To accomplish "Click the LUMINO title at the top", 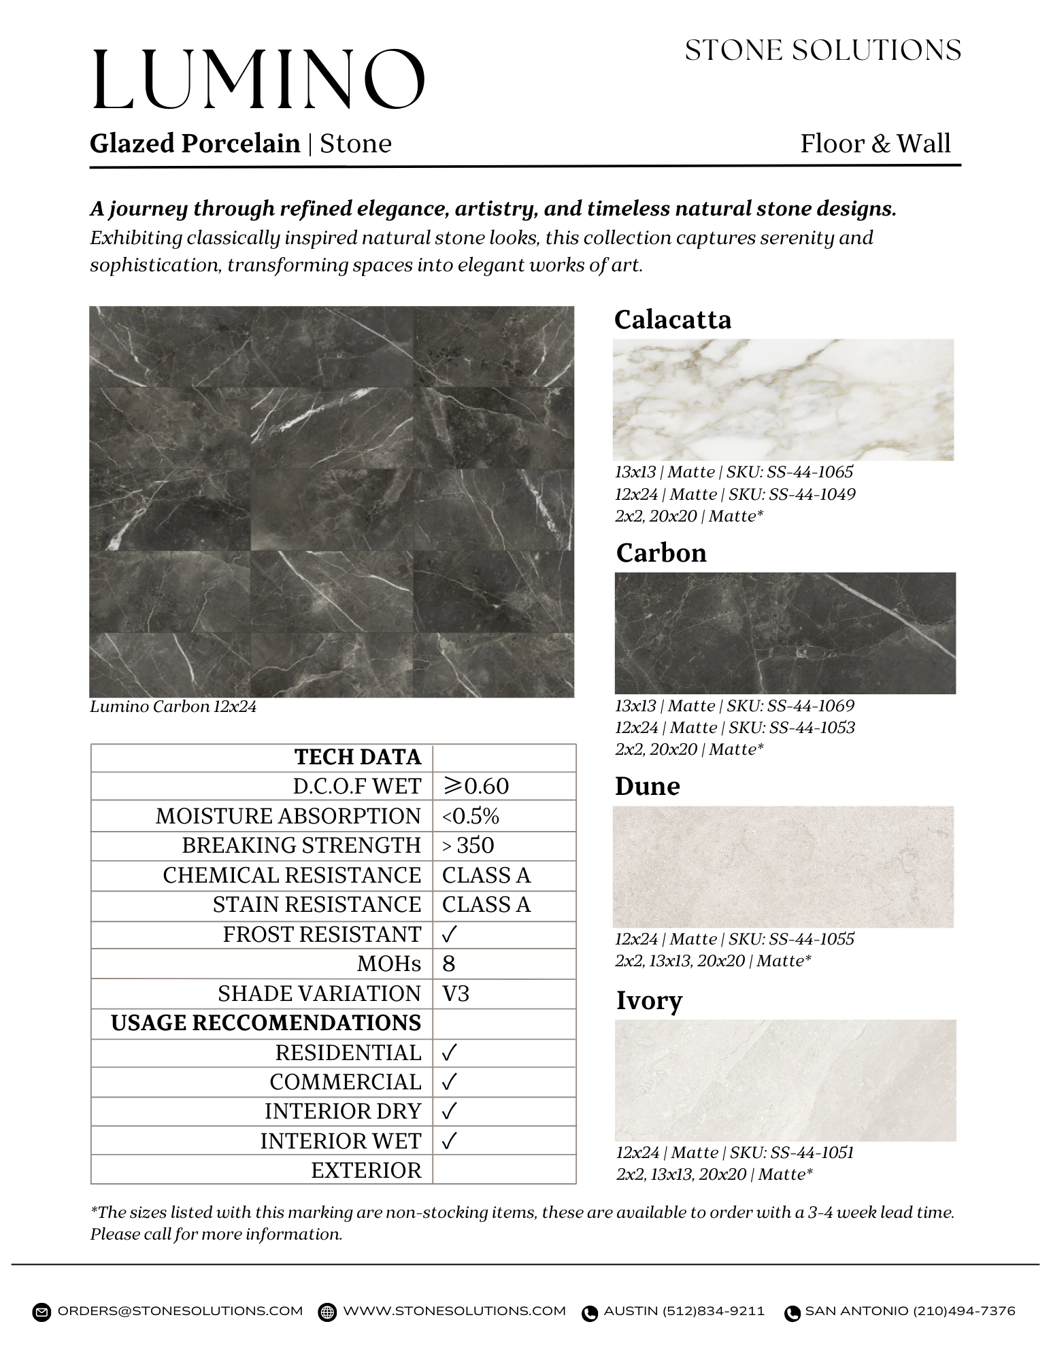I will pyautogui.click(x=258, y=80).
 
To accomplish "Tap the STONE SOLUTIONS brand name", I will pyautogui.click(x=822, y=51).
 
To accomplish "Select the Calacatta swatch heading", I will pyautogui.click(x=672, y=320).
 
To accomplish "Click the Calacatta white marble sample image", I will pyautogui.click(x=783, y=400).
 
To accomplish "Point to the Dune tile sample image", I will pyautogui.click(x=783, y=867).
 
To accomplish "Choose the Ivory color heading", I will pyautogui.click(x=649, y=1000).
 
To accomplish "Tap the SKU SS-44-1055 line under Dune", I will pyautogui.click(x=735, y=939).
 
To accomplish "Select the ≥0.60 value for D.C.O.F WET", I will pyautogui.click(x=476, y=786).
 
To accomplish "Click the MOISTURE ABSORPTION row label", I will pyautogui.click(x=288, y=816).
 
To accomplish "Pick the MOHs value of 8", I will pyautogui.click(x=448, y=964).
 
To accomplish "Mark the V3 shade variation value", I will pyautogui.click(x=456, y=993).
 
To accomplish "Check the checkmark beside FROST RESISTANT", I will pyautogui.click(x=448, y=935).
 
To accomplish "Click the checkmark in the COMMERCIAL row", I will pyautogui.click(x=448, y=1082).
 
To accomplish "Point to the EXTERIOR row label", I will pyautogui.click(x=366, y=1170).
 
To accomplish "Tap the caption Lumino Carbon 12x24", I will pyautogui.click(x=173, y=707).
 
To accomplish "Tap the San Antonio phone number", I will pyautogui.click(x=910, y=1311).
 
